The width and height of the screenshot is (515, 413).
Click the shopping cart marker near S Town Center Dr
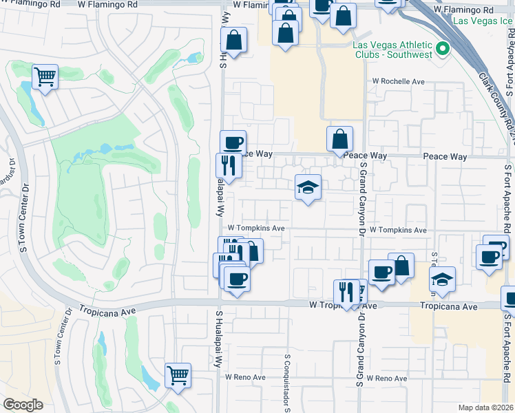45,77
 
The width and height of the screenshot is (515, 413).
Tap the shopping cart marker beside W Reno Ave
178,376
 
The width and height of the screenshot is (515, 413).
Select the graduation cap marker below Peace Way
308,187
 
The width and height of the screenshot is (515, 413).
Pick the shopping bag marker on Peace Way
339,139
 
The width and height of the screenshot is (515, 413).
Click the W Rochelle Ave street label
399,81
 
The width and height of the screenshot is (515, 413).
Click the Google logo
22,405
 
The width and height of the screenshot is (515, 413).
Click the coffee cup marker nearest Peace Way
233,142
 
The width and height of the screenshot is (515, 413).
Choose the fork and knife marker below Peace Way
228,165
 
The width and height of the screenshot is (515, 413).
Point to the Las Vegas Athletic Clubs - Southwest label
392,50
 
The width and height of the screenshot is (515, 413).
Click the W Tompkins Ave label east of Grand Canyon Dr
398,231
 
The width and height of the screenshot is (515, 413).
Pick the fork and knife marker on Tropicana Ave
344,292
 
